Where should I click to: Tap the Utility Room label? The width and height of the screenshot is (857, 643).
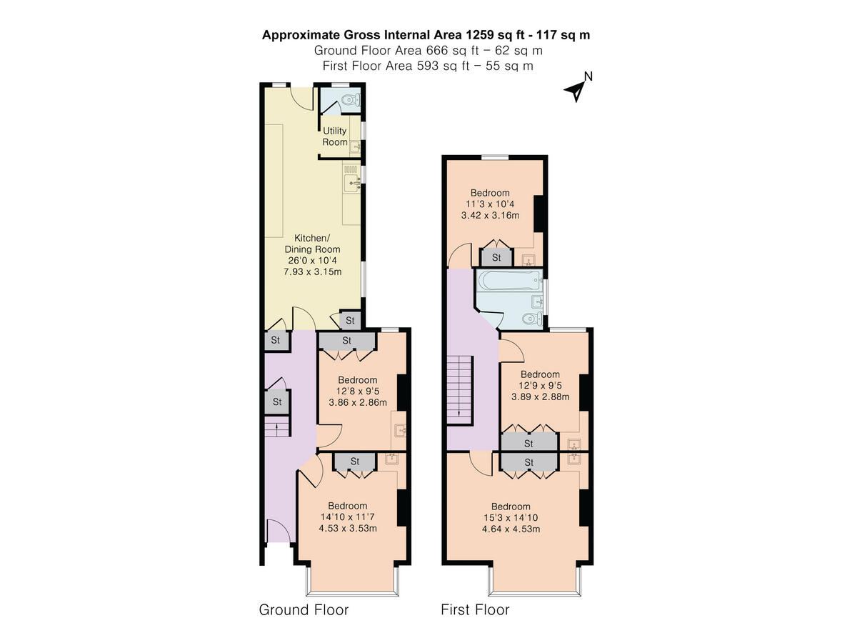pos(335,136)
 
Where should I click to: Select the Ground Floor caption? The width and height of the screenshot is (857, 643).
pos(304,609)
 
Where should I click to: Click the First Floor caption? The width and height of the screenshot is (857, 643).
pos(475,609)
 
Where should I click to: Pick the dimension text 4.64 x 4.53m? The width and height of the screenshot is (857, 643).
pos(511,529)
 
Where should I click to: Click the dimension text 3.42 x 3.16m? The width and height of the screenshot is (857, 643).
pos(490,215)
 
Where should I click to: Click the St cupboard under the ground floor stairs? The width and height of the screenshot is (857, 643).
pos(277,402)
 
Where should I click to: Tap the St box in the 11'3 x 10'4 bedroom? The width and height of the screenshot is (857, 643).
pos(496,257)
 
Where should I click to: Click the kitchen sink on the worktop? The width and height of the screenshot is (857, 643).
pos(354,184)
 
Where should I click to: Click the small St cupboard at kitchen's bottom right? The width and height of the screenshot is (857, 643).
pos(350,320)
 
